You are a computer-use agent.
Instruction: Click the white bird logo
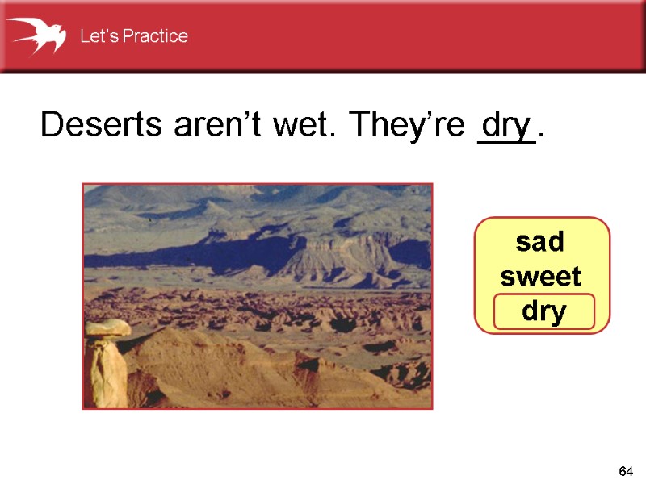(36, 35)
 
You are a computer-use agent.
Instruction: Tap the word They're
(405, 126)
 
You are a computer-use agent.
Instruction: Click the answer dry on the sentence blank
(505, 125)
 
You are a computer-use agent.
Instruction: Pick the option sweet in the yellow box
(540, 277)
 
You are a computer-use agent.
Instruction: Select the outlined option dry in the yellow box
(543, 312)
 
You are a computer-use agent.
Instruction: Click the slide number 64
(625, 470)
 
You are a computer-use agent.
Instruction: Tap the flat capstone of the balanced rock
(108, 327)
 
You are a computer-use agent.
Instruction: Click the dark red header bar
(404, 36)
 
